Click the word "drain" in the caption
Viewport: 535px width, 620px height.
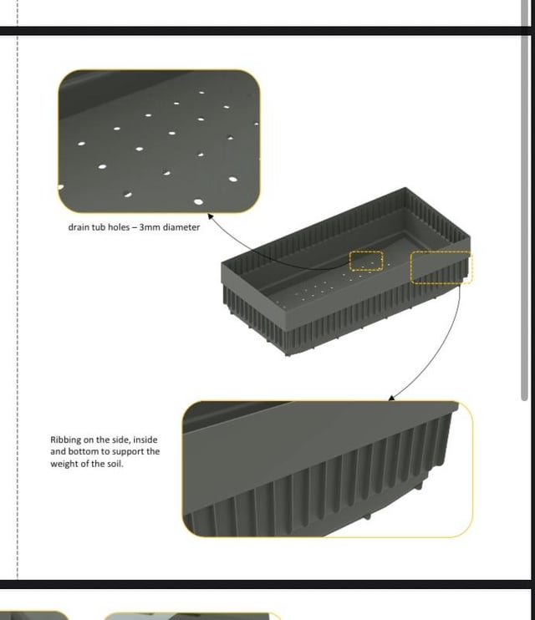[78, 227]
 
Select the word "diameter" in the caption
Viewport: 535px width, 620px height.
[181, 227]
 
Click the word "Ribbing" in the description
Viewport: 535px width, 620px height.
[66, 440]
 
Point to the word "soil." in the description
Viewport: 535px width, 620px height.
[115, 464]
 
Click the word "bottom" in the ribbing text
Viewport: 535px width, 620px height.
[82, 451]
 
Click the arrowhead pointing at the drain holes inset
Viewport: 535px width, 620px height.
[210, 216]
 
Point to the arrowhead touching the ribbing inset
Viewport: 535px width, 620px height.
[391, 398]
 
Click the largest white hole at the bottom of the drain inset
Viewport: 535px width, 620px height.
[198, 202]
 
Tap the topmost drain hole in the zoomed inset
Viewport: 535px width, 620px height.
[201, 93]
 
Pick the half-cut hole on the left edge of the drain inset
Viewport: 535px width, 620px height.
[60, 186]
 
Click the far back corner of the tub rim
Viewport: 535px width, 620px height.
[405, 188]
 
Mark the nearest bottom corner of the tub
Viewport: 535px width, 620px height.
[288, 354]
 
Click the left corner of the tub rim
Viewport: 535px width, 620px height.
[222, 262]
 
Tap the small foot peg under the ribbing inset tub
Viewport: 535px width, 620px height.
[367, 516]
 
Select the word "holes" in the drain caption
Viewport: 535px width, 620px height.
[119, 227]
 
